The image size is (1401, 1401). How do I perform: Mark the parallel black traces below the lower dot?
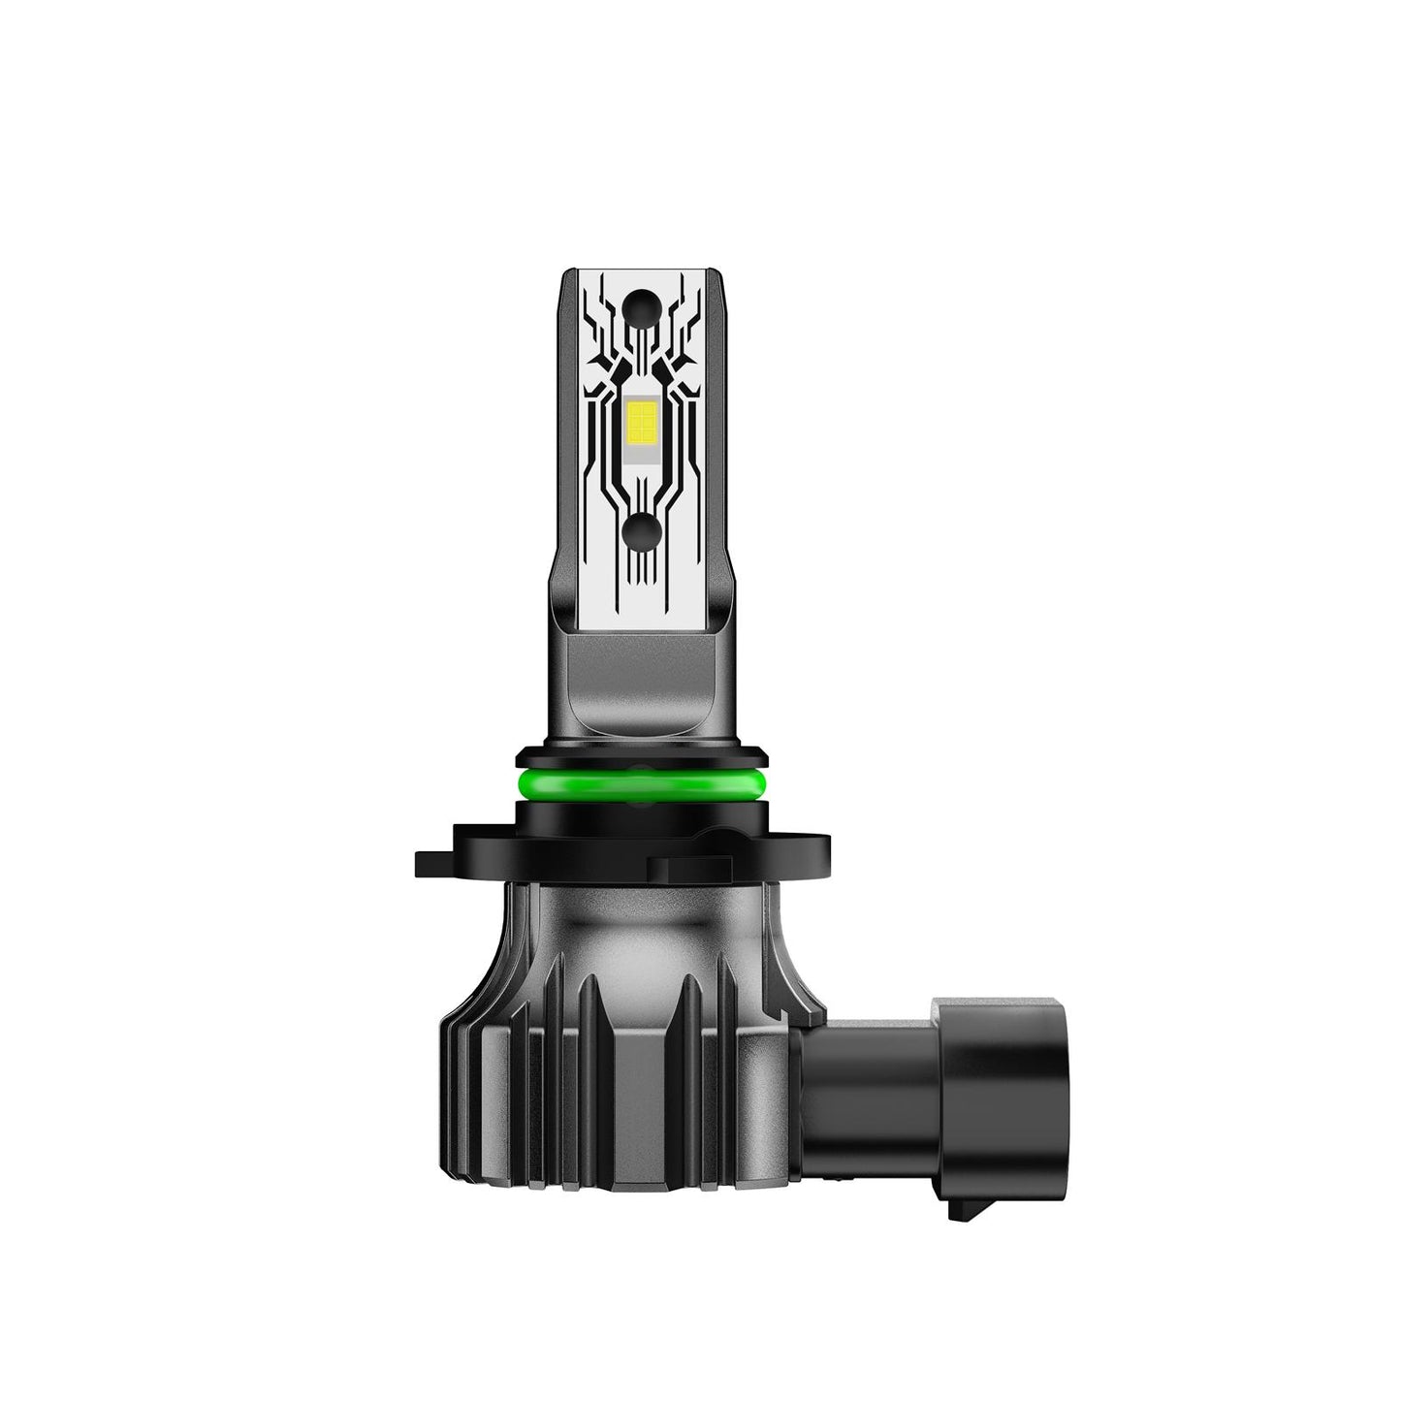pos(641,572)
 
